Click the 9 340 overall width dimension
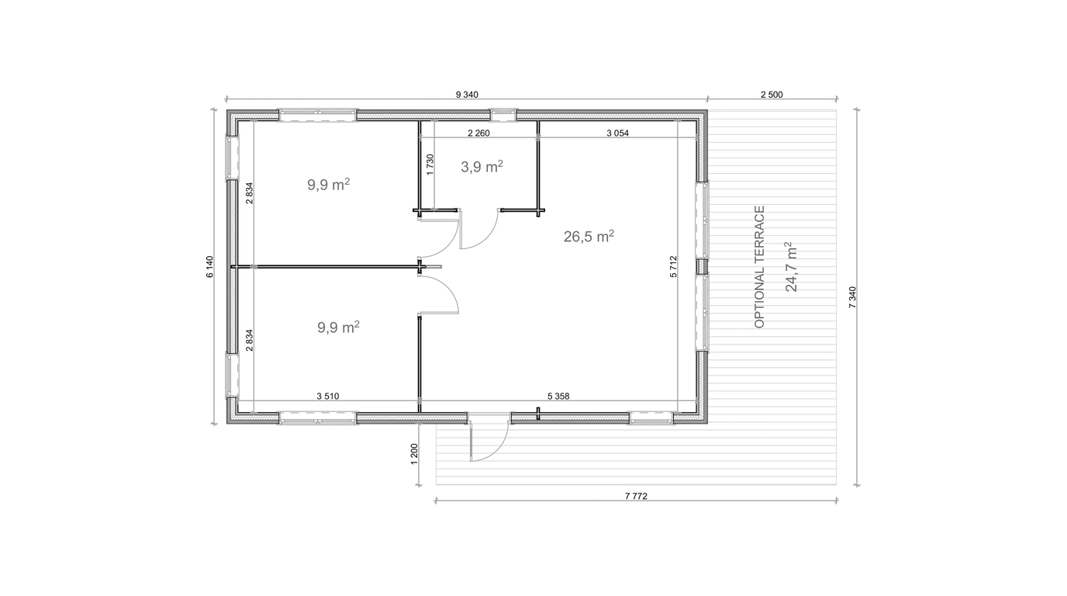pos(467,95)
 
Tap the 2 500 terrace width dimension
pos(772,95)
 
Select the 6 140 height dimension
pos(210,267)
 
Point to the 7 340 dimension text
pos(852,297)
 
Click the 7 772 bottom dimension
pos(636,496)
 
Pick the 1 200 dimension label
pos(414,454)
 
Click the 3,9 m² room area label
pos(482,166)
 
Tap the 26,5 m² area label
pos(589,236)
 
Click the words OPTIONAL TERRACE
pos(759,266)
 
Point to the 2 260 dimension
pos(478,133)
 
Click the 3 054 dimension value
pos(617,133)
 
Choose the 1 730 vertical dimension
pos(430,165)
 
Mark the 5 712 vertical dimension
pos(673,266)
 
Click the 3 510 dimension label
pos(328,397)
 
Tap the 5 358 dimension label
pos(558,397)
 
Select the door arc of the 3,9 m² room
pos(487,239)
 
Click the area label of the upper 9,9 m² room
pos(329,185)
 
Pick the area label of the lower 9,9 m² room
pos(338,327)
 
